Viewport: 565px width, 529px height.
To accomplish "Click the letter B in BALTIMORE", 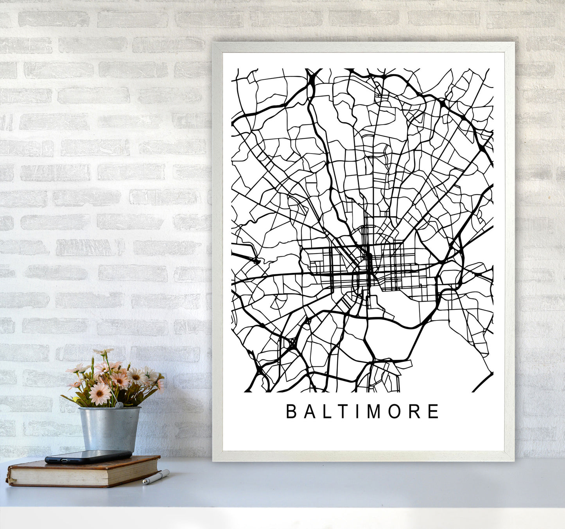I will click(x=291, y=411).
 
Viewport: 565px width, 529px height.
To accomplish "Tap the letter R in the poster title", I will click(x=414, y=411).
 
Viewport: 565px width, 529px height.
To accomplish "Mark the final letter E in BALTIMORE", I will click(x=433, y=411).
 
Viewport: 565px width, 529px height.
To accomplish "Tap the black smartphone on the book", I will click(x=88, y=456).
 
